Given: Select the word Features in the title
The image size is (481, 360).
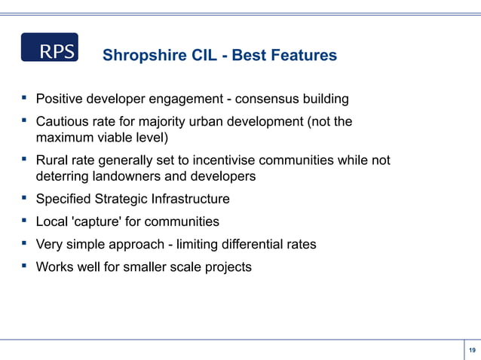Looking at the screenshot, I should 302,56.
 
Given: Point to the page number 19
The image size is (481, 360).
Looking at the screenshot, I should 472,350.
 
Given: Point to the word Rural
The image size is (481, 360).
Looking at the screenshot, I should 53,160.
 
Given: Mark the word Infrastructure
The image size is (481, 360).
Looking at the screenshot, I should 189,200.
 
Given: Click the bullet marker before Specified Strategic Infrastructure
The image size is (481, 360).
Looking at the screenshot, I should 25,199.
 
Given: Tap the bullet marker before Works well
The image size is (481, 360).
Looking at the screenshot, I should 25,267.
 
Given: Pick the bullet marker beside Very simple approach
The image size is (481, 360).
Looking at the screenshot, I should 25,244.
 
